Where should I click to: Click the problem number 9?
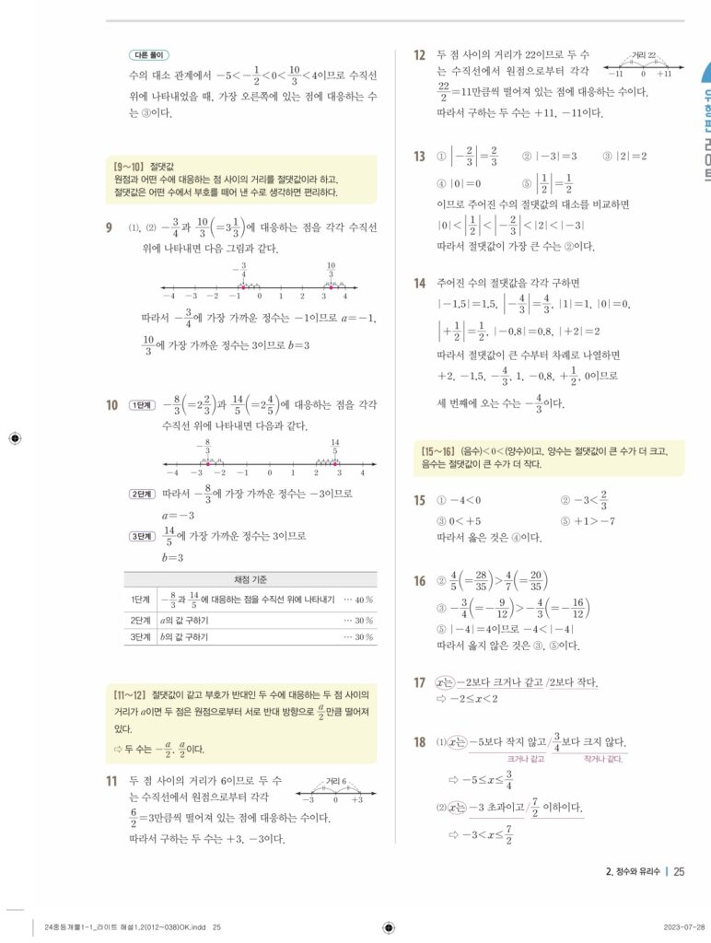tap(111, 226)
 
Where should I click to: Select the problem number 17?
tap(419, 682)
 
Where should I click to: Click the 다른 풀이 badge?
tap(150, 54)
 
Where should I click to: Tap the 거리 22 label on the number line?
tap(646, 56)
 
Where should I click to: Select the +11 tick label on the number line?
tap(664, 74)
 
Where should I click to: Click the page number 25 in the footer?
tap(679, 871)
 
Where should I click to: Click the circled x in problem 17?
tap(446, 682)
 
